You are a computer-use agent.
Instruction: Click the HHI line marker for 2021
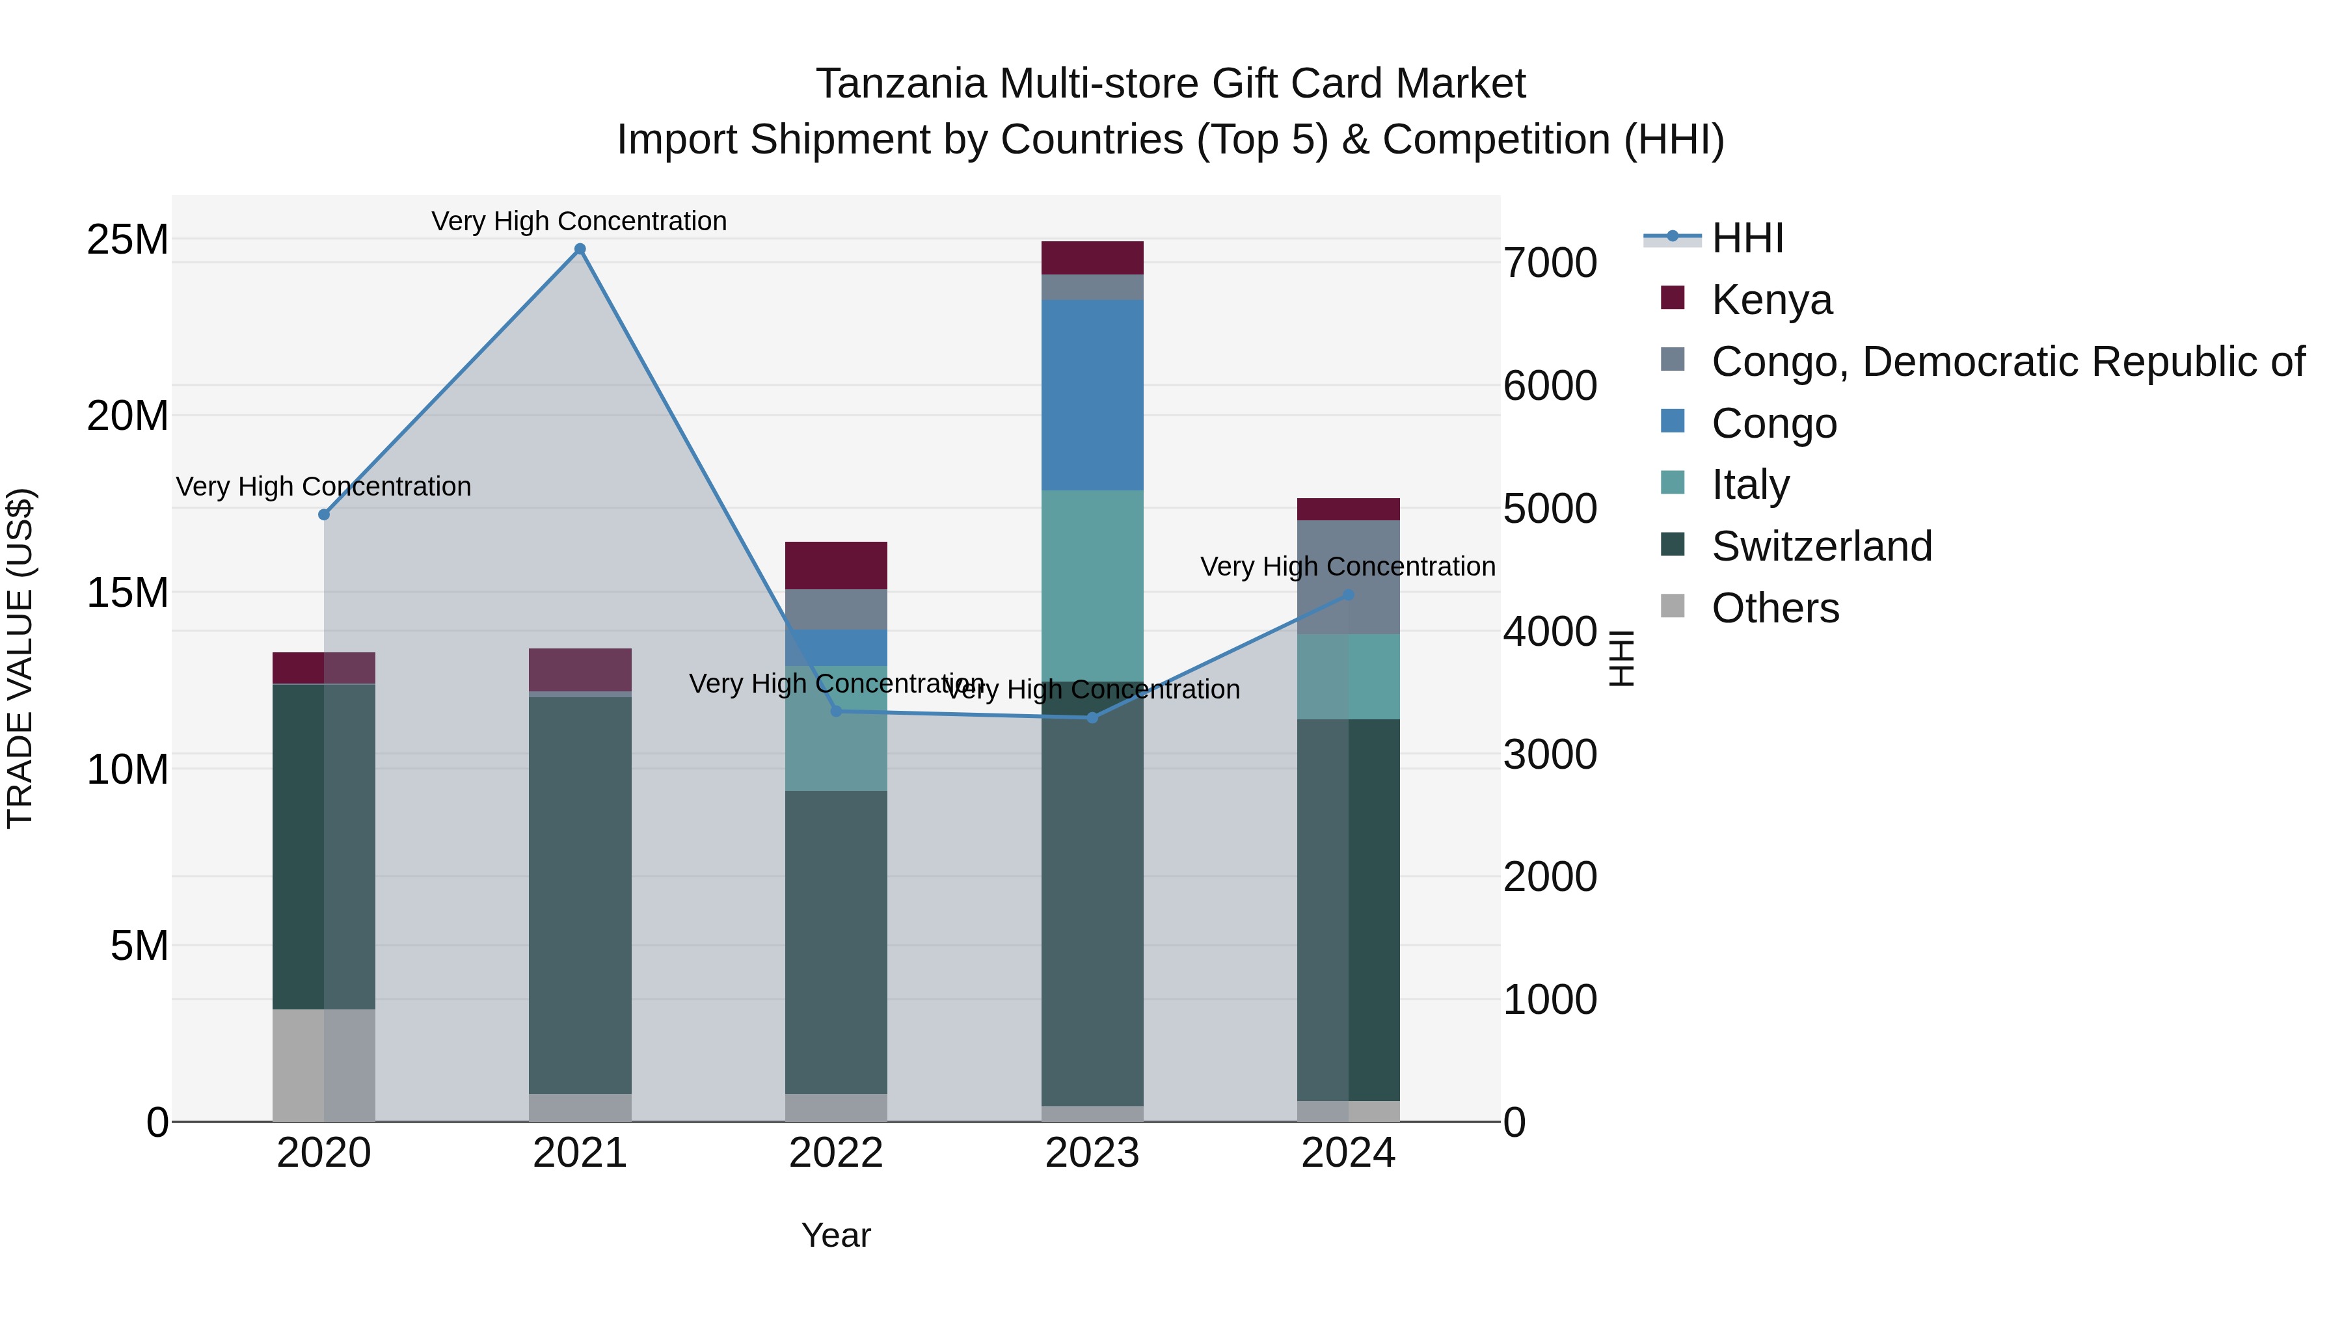(x=580, y=249)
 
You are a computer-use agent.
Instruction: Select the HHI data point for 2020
(x=324, y=514)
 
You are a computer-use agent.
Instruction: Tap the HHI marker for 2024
(x=1349, y=595)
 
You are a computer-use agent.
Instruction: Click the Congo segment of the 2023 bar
(x=1092, y=395)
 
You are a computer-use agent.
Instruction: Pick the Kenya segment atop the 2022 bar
(x=835, y=565)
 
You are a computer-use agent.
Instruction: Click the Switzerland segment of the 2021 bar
(x=580, y=896)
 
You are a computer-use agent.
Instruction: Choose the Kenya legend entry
(x=1771, y=300)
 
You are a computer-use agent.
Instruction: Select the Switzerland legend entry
(x=1821, y=546)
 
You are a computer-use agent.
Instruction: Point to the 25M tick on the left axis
(x=128, y=240)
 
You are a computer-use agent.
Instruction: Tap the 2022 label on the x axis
(x=835, y=1153)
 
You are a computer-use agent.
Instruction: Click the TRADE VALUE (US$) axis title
(x=20, y=658)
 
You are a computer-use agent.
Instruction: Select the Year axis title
(x=835, y=1235)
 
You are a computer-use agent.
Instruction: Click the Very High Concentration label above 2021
(x=579, y=221)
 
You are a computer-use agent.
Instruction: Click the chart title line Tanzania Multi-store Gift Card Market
(x=1170, y=84)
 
